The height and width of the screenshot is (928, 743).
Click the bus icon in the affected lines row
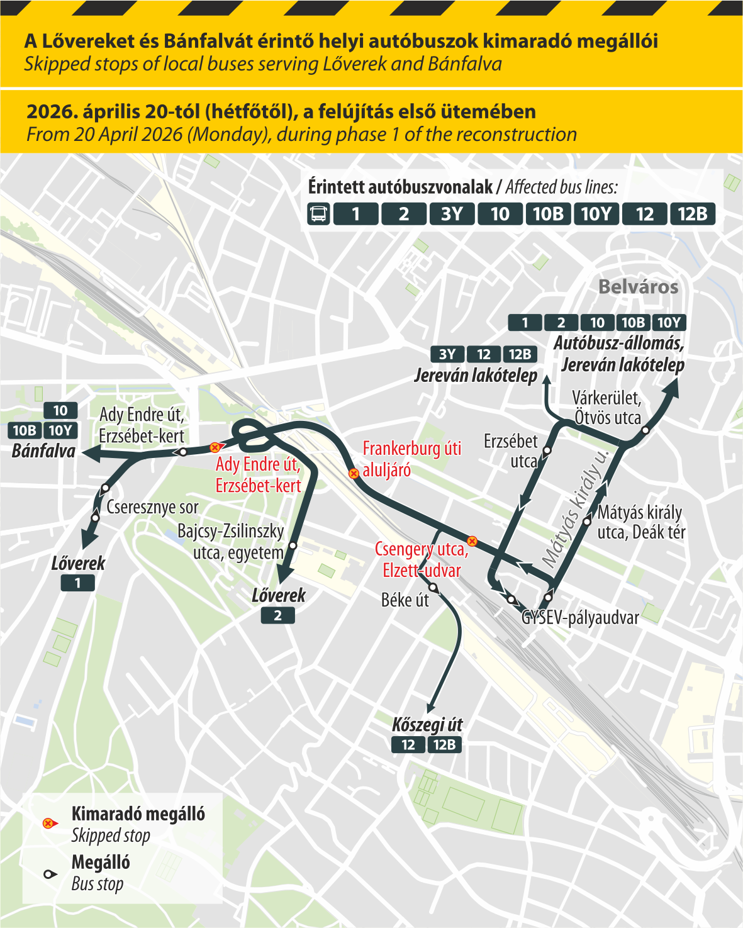click(319, 214)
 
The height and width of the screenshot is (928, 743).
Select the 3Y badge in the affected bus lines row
click(452, 214)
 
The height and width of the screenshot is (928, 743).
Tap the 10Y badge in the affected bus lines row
click(596, 214)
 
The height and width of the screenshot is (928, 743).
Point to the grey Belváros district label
click(638, 287)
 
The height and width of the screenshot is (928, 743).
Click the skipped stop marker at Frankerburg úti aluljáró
click(354, 473)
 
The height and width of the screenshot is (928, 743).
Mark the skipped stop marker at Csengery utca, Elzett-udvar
click(472, 541)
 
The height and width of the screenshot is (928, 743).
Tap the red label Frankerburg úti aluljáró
click(411, 459)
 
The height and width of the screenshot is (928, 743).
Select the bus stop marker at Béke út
click(433, 588)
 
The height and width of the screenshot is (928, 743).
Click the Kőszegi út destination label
click(427, 725)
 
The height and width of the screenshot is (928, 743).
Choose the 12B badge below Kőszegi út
click(444, 745)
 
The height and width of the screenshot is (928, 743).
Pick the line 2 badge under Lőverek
click(277, 615)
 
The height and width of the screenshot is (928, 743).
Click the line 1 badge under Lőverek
click(77, 583)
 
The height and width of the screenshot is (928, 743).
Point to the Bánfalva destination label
click(43, 451)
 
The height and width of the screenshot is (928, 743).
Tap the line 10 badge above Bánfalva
click(60, 411)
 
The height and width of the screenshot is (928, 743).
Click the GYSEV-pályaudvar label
click(580, 618)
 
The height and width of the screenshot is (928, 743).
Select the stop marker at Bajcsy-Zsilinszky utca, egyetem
click(293, 545)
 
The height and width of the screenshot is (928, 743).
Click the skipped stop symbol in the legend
click(48, 824)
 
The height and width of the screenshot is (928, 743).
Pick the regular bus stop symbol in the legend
click(48, 874)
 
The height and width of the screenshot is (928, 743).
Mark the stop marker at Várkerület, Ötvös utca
click(645, 430)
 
